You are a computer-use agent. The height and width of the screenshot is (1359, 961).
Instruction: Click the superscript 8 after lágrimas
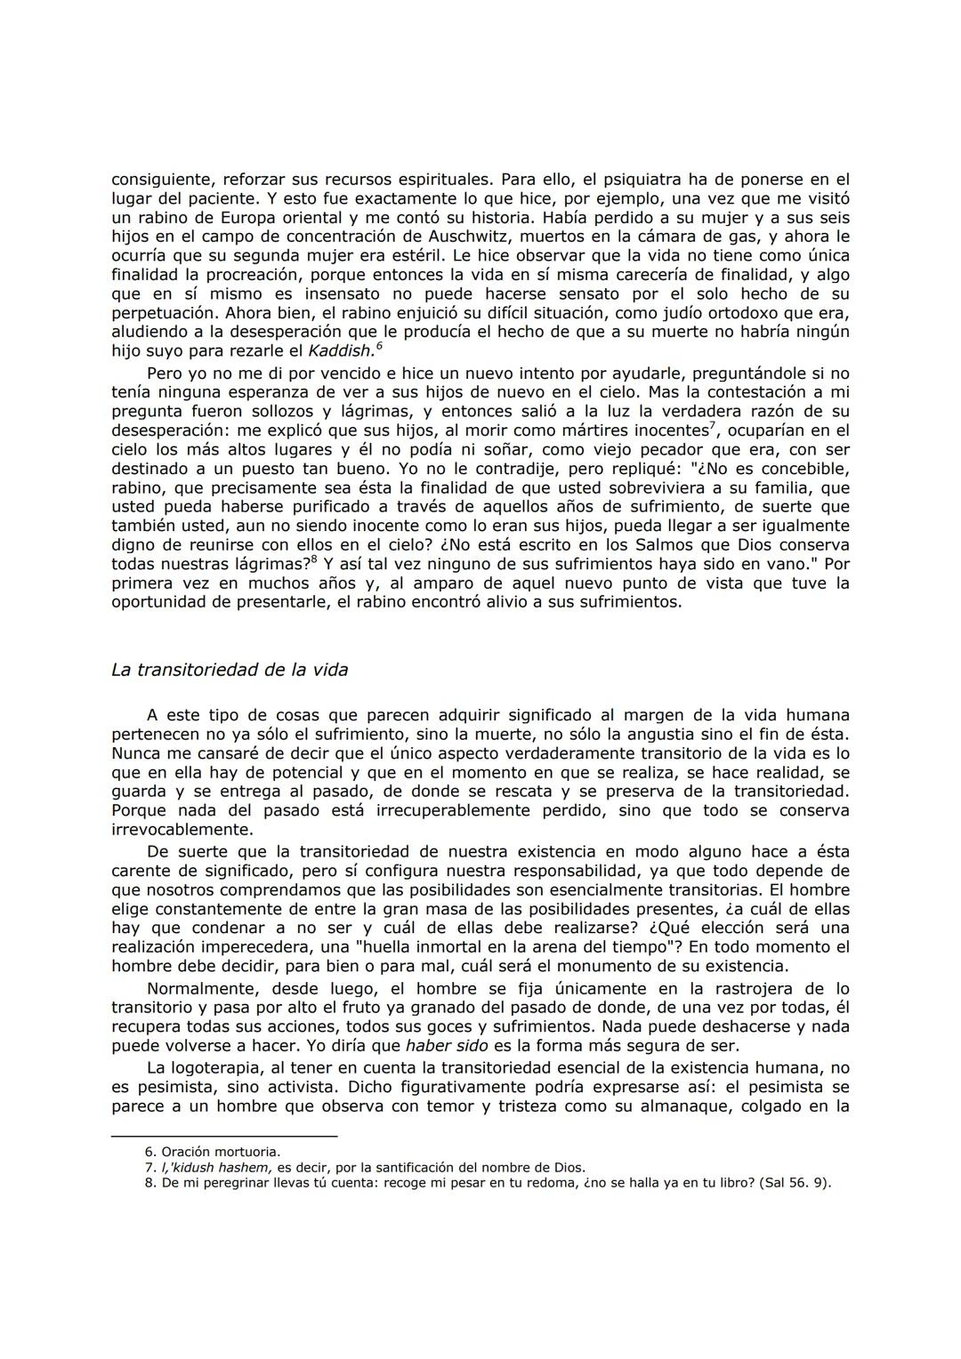tap(313, 560)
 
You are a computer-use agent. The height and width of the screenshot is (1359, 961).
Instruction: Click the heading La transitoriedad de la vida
tap(230, 670)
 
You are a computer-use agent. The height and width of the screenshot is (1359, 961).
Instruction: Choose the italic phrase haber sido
tap(446, 1046)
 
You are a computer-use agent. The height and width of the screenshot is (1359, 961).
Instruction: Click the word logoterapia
tap(213, 1068)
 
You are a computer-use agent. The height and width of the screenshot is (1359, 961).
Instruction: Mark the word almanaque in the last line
tap(701, 1106)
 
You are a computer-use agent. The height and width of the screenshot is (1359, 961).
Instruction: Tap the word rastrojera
tap(733, 988)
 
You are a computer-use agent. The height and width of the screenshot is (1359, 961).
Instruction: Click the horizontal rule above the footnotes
tap(224, 1136)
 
